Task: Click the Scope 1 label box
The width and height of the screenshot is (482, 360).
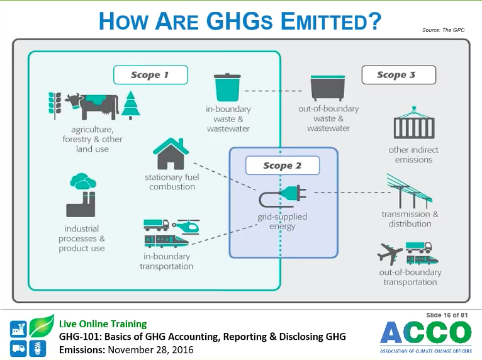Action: coord(150,75)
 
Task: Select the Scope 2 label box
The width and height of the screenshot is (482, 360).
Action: coord(283,166)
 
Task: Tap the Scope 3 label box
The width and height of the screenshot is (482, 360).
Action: coord(399,75)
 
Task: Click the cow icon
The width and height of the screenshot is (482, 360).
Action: coord(91,106)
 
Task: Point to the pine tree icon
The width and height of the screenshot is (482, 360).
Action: coord(131,105)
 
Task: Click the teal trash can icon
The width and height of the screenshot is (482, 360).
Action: coord(227,87)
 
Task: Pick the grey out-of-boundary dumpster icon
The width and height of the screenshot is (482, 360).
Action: coord(328,88)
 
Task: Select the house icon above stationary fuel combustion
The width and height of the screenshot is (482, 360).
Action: coord(171,154)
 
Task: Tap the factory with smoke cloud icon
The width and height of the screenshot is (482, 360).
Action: coord(82,195)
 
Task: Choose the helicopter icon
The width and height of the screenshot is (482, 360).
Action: coord(186,227)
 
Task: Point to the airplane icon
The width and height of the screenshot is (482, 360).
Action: coord(390,254)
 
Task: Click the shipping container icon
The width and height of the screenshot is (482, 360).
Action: coord(414,123)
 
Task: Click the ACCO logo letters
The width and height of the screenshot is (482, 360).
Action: coord(426,332)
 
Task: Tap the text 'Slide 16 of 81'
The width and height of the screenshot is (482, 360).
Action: coord(447,315)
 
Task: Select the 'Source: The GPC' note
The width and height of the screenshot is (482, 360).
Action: coord(443,30)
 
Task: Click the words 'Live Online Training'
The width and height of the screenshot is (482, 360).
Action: coord(103,323)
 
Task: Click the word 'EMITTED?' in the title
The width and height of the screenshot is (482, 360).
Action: coord(331,21)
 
